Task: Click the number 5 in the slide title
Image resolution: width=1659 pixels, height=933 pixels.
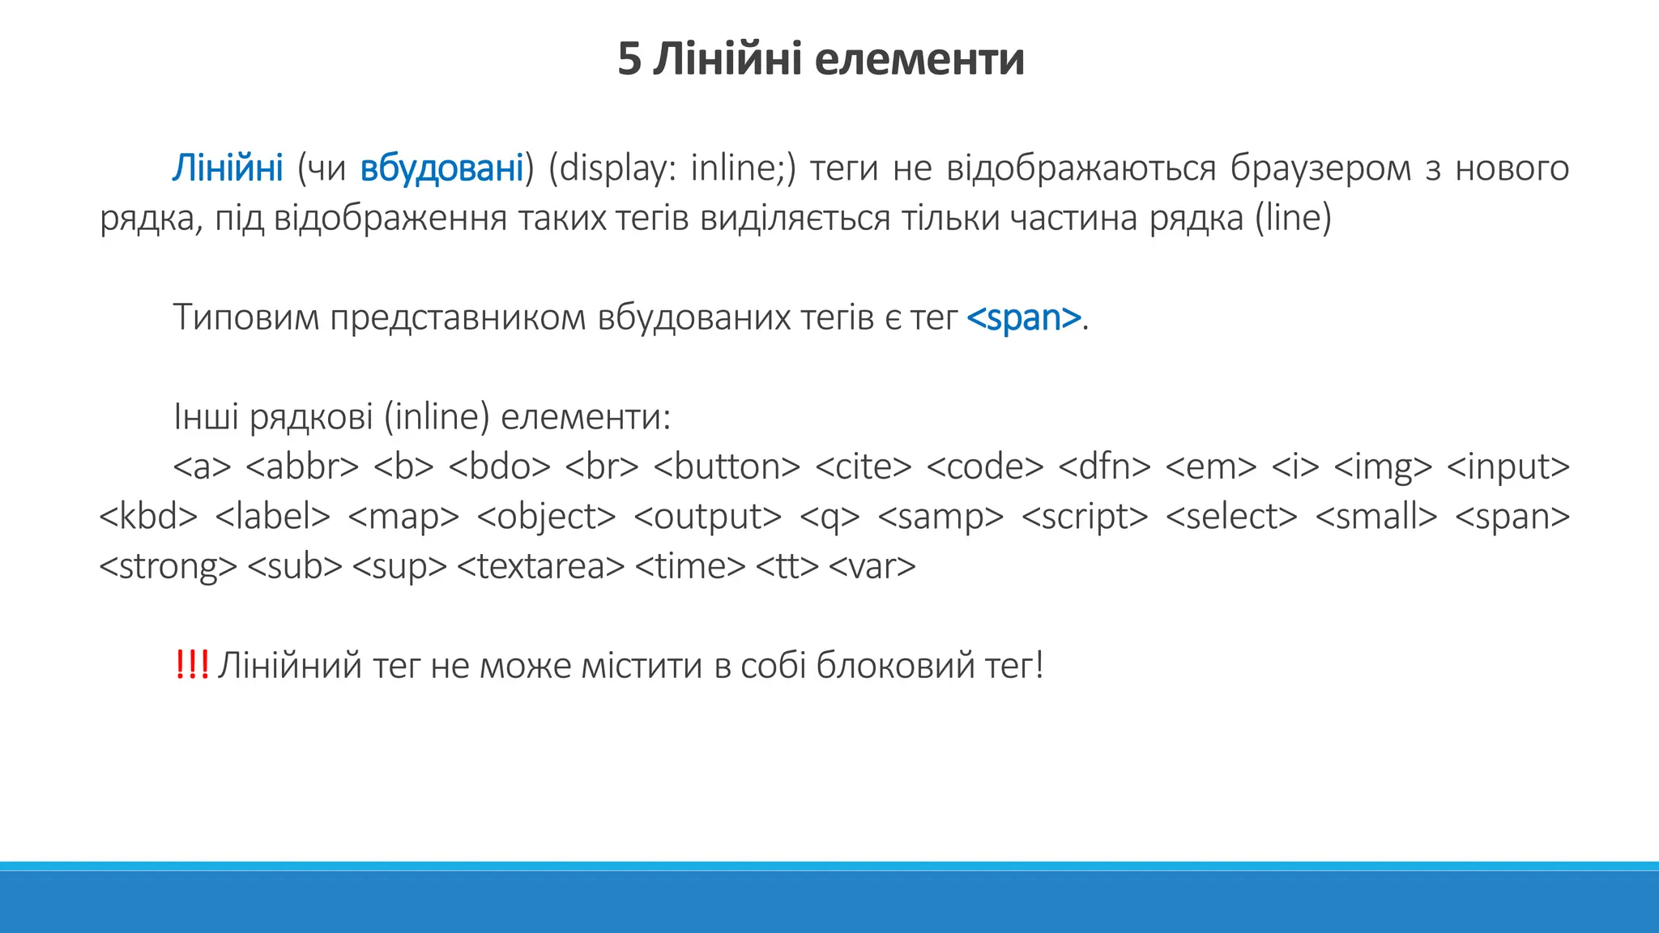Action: (x=629, y=59)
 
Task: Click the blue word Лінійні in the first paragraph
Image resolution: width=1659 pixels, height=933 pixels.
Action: (x=228, y=168)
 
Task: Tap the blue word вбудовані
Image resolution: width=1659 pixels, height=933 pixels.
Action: (x=441, y=168)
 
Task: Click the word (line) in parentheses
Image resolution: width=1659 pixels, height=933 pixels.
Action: (x=1293, y=218)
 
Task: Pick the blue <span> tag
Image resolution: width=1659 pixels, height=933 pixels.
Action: (x=1024, y=317)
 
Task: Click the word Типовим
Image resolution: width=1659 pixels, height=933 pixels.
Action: (x=246, y=317)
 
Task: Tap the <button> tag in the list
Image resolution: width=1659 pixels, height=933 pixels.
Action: (x=727, y=466)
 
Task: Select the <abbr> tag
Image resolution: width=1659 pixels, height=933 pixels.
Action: (x=301, y=466)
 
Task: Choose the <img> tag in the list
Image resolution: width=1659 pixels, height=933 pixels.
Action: (x=1383, y=466)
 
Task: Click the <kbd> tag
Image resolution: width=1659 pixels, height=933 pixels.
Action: (x=148, y=517)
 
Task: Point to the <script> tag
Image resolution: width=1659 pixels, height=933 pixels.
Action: (x=1085, y=517)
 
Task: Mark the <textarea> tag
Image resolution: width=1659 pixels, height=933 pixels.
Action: (x=541, y=566)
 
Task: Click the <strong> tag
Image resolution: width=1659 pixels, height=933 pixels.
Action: (x=168, y=566)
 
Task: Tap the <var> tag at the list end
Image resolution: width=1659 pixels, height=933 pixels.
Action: (x=872, y=566)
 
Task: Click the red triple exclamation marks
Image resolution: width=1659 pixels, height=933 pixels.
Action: (x=191, y=666)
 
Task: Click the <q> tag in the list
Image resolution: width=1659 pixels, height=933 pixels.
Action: (x=829, y=517)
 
